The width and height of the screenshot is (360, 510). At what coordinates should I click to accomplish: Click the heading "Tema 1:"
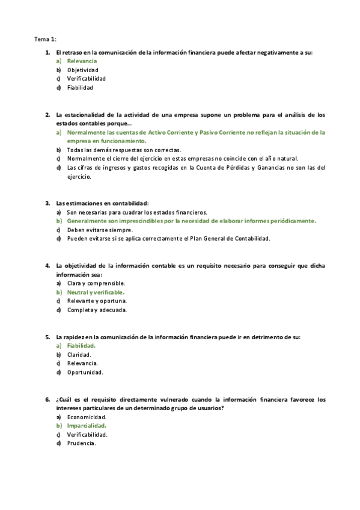(45, 39)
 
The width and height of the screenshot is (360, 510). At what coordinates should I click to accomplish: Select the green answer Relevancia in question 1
(82, 61)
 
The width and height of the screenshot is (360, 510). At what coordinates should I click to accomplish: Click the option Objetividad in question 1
(83, 70)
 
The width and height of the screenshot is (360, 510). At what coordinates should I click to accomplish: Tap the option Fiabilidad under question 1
(80, 87)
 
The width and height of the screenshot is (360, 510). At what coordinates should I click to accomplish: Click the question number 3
(47, 203)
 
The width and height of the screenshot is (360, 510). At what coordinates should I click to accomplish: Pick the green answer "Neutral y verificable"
(96, 292)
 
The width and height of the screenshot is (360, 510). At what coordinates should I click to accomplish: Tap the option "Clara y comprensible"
(96, 283)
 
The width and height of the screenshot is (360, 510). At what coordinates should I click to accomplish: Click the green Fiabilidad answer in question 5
(81, 346)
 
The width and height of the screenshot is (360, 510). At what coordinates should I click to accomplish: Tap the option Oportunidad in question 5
(85, 372)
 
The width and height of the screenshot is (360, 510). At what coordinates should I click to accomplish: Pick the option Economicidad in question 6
(87, 417)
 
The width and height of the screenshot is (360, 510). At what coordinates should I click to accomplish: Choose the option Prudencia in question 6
(82, 443)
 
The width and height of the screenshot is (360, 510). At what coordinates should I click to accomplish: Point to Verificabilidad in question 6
(87, 434)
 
